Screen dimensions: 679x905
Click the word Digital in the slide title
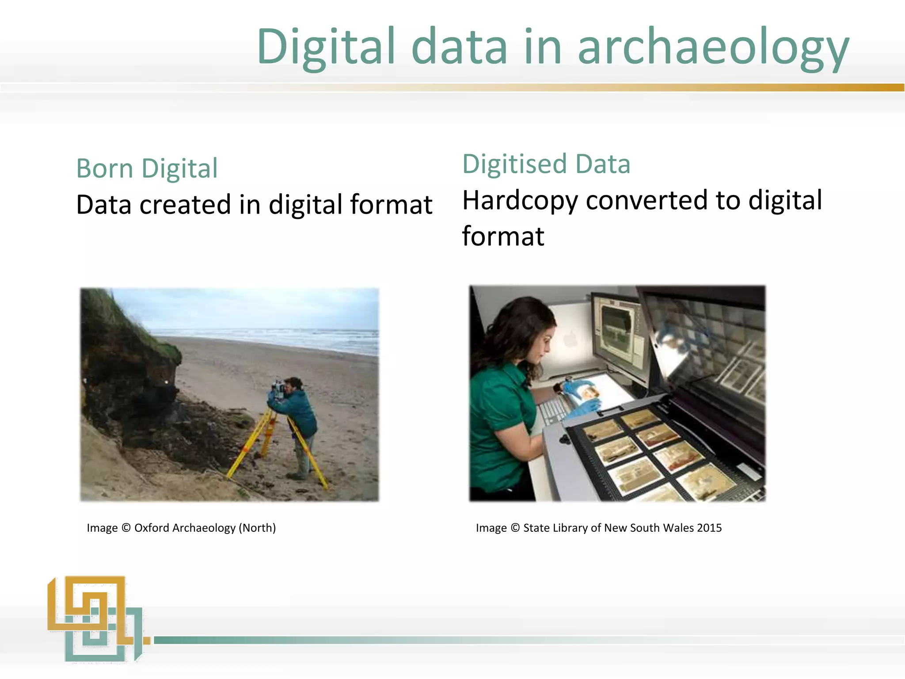326,46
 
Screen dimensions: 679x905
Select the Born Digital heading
147,168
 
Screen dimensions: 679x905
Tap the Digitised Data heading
546,164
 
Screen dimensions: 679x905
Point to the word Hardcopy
520,201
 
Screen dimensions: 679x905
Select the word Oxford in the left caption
152,528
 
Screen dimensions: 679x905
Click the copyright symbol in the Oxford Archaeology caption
126,528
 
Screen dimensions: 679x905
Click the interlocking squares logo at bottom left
95,618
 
